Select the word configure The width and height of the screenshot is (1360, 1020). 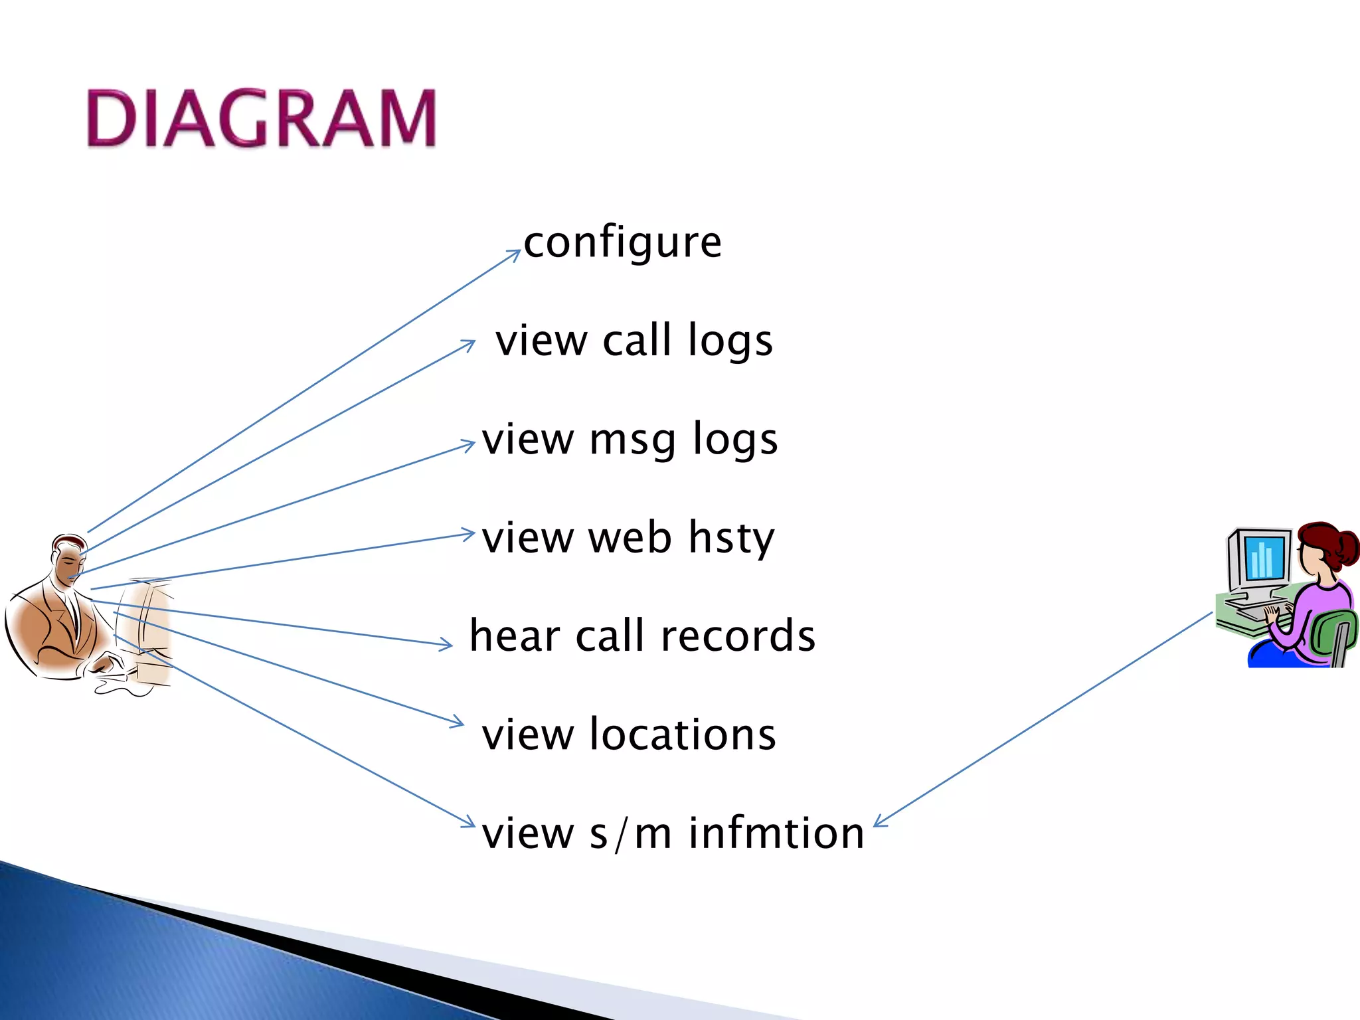coord(622,242)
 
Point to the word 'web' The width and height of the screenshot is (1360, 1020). coord(630,537)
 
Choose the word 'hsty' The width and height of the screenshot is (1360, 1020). coord(731,537)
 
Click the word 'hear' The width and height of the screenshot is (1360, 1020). coord(514,636)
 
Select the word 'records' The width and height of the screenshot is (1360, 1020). coord(738,636)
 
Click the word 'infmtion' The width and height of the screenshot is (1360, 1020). coord(776,833)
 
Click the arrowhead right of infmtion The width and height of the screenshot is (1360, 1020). coord(879,822)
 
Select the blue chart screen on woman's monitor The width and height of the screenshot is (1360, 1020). coord(1262,557)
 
